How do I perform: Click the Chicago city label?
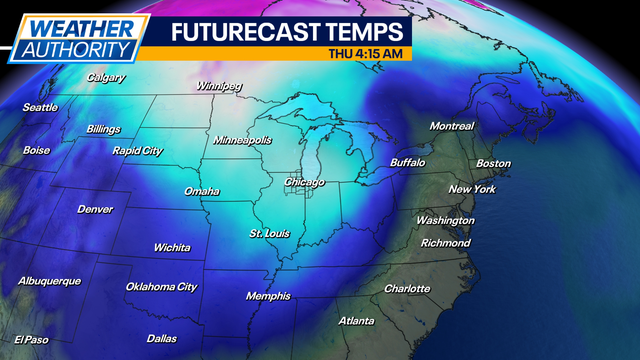304,182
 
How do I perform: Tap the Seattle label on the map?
40,107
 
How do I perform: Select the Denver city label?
95,209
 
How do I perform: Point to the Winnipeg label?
220,86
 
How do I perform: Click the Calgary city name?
106,77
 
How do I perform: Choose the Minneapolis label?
242,141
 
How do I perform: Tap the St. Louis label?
270,233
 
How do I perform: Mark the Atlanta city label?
356,321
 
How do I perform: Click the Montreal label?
451,126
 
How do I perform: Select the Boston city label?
493,163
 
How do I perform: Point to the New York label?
472,189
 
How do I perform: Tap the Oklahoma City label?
161,287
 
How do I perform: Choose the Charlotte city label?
407,289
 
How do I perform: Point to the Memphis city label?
268,296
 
